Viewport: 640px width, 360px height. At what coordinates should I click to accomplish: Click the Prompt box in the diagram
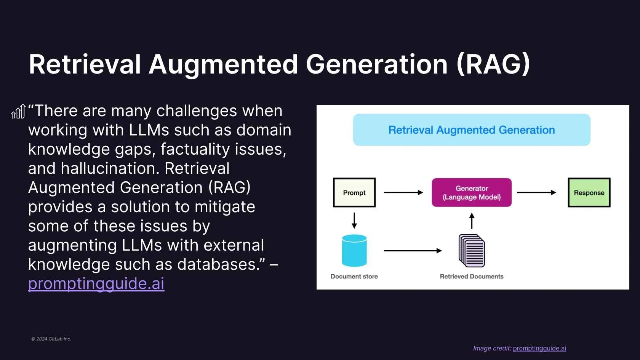coord(354,193)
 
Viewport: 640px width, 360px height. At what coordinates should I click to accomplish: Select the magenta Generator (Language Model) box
coord(472,193)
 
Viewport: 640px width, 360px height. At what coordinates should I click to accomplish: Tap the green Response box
coord(589,193)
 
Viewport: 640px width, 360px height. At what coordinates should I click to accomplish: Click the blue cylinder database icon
coord(354,251)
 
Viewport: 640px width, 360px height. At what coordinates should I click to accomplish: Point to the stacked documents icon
coord(472,251)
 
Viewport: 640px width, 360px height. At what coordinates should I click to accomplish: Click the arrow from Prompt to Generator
coord(403,193)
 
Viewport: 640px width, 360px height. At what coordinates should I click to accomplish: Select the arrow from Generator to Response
coord(536,193)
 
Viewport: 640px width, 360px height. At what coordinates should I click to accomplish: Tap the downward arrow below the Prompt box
coord(354,220)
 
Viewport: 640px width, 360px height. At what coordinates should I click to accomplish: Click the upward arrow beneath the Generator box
coord(472,221)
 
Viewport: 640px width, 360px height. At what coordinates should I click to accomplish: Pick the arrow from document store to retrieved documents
coord(413,251)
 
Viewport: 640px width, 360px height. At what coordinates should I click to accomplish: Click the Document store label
coord(354,276)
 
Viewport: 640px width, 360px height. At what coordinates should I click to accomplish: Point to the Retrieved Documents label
coord(472,276)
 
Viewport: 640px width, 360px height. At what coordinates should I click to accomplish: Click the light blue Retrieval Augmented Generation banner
coord(472,130)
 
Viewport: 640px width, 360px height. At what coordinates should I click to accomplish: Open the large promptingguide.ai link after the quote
coord(96,283)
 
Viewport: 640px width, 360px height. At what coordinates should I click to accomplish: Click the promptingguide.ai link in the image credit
coord(539,348)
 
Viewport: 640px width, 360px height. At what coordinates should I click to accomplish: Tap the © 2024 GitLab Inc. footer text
coord(51,339)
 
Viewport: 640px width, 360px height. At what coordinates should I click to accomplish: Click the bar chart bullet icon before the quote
coord(18,111)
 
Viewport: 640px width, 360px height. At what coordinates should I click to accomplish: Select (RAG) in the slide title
coord(493,65)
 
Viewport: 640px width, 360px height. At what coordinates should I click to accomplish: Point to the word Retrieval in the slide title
coord(85,65)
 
